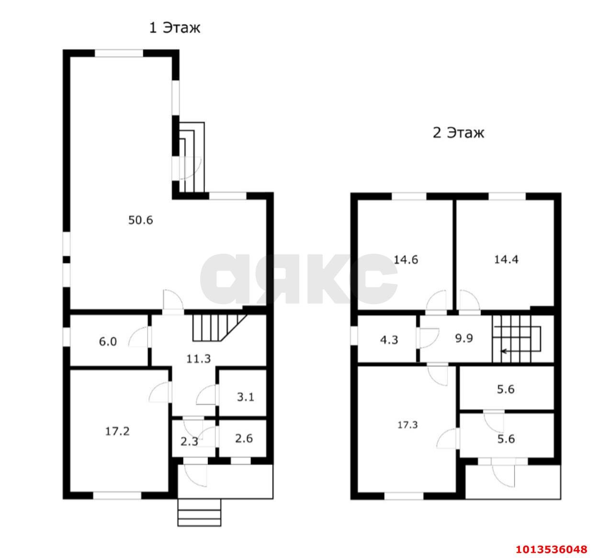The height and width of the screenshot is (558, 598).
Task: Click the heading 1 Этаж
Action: [174, 28]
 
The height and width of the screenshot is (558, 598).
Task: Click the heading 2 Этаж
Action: [458, 132]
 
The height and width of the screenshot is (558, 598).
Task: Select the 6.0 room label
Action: [108, 342]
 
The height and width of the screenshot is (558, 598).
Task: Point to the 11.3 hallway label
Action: [199, 358]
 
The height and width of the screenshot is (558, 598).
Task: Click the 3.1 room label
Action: [246, 397]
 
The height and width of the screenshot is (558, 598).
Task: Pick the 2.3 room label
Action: [189, 441]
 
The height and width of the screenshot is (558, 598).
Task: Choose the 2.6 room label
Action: [244, 438]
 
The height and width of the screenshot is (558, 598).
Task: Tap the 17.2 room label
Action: [117, 431]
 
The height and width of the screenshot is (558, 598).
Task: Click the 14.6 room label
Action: [406, 260]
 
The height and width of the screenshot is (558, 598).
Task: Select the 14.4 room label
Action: [506, 260]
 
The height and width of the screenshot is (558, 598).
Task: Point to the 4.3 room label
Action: [389, 340]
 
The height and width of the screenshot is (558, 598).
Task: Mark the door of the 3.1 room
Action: [206, 395]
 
